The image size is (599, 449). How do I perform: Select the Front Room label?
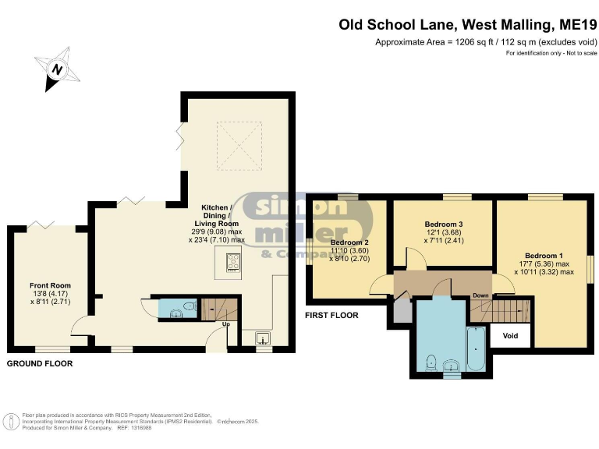coord(51,285)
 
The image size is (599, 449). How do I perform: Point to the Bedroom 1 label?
coord(544,256)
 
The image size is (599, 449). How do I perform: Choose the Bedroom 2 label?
coord(348,242)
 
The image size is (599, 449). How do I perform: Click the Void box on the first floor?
coord(510,336)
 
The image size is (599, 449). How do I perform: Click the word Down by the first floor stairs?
coord(481,295)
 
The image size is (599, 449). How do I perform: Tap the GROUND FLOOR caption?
coord(40,364)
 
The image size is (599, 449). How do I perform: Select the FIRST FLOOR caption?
coord(332,316)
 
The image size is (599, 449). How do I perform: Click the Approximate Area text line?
coord(487,42)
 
